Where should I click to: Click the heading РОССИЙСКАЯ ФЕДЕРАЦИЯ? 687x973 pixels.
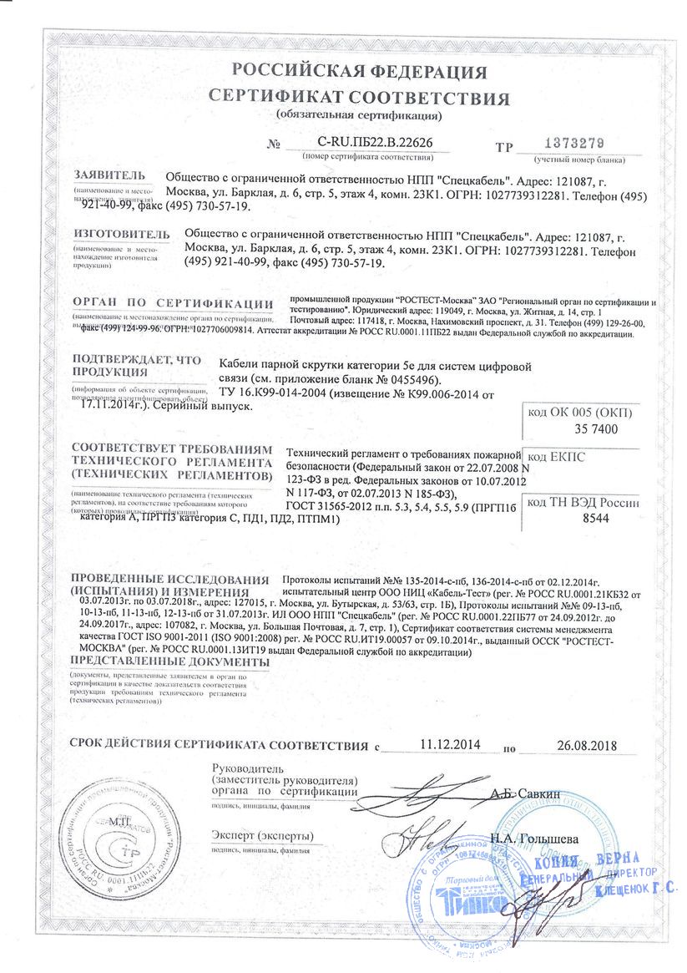359,71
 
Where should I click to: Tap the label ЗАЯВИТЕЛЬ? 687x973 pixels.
109,176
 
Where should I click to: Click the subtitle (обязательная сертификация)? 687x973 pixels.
359,114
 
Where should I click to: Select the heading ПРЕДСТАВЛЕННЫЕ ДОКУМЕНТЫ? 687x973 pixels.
171,661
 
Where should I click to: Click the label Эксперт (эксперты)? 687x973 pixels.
263,836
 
